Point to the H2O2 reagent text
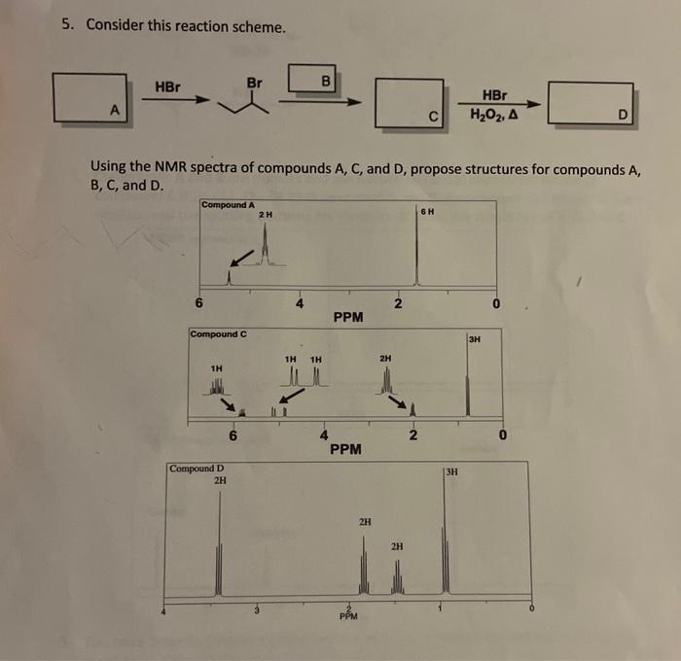pyautogui.click(x=493, y=116)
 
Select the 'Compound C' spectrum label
pyautogui.click(x=219, y=335)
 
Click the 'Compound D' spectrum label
pyautogui.click(x=196, y=468)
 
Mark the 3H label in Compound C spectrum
pyautogui.click(x=474, y=340)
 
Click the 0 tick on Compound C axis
pyautogui.click(x=502, y=434)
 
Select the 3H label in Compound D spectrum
pyautogui.click(x=454, y=472)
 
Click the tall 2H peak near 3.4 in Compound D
pyautogui.click(x=220, y=544)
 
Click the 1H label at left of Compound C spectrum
pyautogui.click(x=217, y=369)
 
